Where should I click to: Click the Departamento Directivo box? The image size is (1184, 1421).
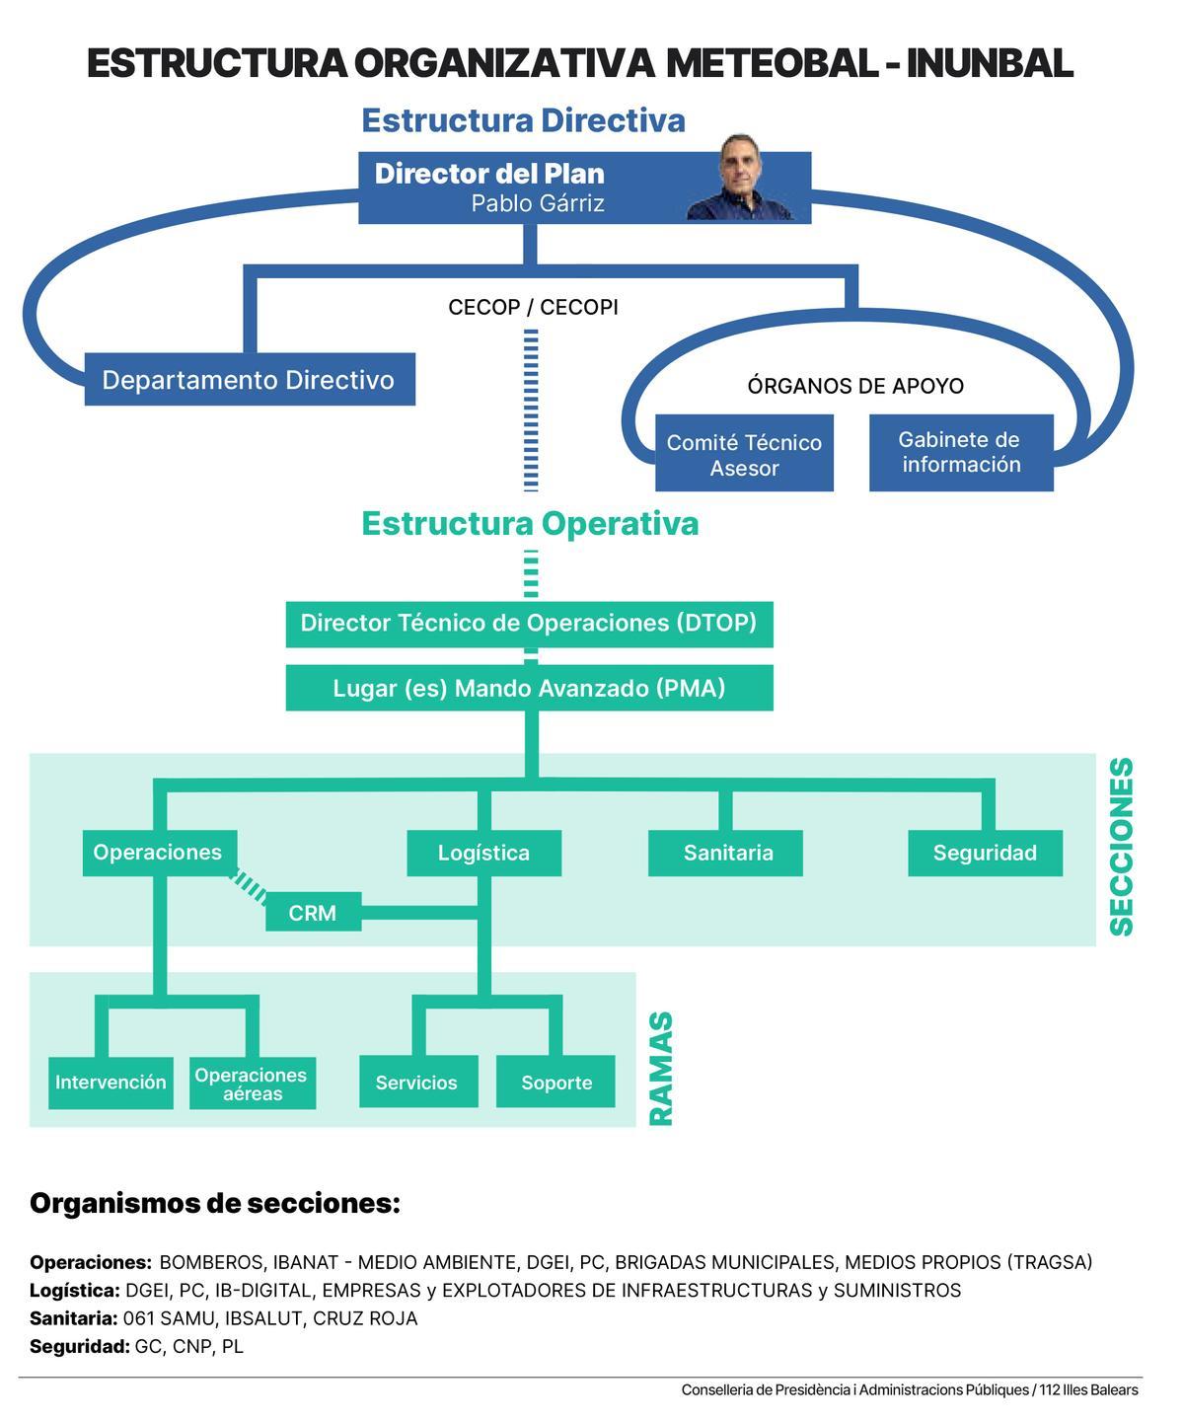pos(250,379)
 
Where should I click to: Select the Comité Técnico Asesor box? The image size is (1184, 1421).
pos(744,454)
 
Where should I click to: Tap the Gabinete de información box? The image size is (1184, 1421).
pos(961,452)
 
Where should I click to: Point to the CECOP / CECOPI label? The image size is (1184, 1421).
pos(533,307)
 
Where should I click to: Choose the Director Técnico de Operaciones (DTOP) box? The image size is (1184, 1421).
pos(529,624)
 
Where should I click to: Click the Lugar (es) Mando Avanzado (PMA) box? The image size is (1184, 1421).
pos(529,688)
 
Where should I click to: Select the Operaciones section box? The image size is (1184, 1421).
pos(158,853)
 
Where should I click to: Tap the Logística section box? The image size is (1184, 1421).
pos(483,854)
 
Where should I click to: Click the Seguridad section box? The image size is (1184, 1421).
pos(985,854)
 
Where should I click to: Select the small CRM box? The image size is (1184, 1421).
pos(313,913)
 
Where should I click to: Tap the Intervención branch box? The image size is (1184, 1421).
pos(111,1083)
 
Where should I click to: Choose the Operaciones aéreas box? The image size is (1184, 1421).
pos(252,1084)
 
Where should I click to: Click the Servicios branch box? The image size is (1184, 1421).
pos(417,1083)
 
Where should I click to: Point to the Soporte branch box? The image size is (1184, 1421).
pos(555,1083)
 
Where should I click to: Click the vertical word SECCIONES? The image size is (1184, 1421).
pos(1122,847)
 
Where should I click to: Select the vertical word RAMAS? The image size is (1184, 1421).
pos(660,1069)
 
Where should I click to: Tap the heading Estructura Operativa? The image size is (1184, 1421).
pos(530,523)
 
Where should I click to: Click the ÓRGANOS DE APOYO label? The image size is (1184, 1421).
pos(855,386)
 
